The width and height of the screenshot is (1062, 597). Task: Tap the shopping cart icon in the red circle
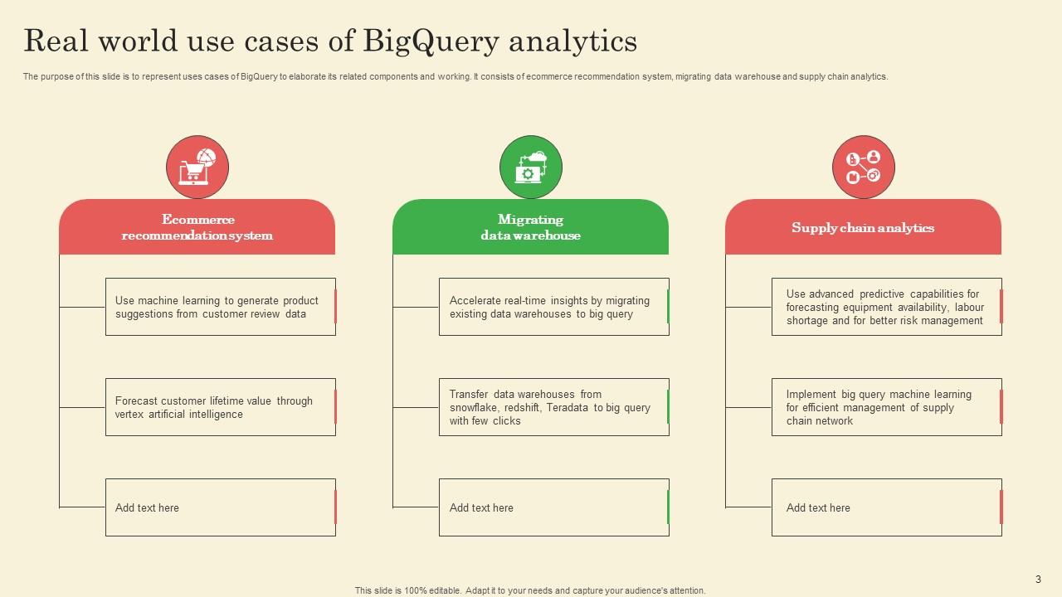click(x=197, y=167)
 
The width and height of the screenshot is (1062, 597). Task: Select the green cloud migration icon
click(x=530, y=167)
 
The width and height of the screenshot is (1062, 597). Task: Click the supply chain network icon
click(x=863, y=167)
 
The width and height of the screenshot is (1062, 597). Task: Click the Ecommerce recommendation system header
click(x=197, y=227)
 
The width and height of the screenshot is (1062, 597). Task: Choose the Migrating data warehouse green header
click(x=530, y=227)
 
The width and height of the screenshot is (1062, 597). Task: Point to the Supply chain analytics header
click(x=863, y=227)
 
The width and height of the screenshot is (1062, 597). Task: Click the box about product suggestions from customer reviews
click(x=220, y=307)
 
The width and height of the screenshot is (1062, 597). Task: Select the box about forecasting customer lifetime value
click(x=220, y=407)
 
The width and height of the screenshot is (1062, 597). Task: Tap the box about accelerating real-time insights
click(x=553, y=307)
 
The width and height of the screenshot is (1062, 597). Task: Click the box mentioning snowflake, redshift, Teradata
click(x=553, y=407)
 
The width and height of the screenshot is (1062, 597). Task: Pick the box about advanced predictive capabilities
click(x=886, y=307)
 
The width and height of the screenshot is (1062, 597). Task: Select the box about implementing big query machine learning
click(x=886, y=407)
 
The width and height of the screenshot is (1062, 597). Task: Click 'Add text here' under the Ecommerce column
click(x=147, y=507)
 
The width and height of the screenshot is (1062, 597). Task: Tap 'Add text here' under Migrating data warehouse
click(x=481, y=507)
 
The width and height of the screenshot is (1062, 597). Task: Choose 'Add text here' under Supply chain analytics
click(x=818, y=507)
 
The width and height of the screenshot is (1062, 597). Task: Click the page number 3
click(x=1038, y=579)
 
